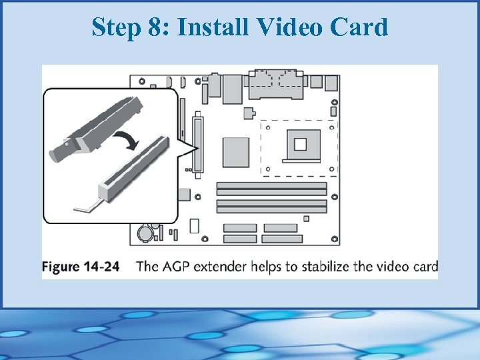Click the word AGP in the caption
pos(175,267)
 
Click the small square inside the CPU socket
pos(299,143)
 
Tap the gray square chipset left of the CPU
pos(235,151)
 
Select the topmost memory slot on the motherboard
pos(271,185)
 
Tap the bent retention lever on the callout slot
pos(85,206)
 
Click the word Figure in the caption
pos(62,267)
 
